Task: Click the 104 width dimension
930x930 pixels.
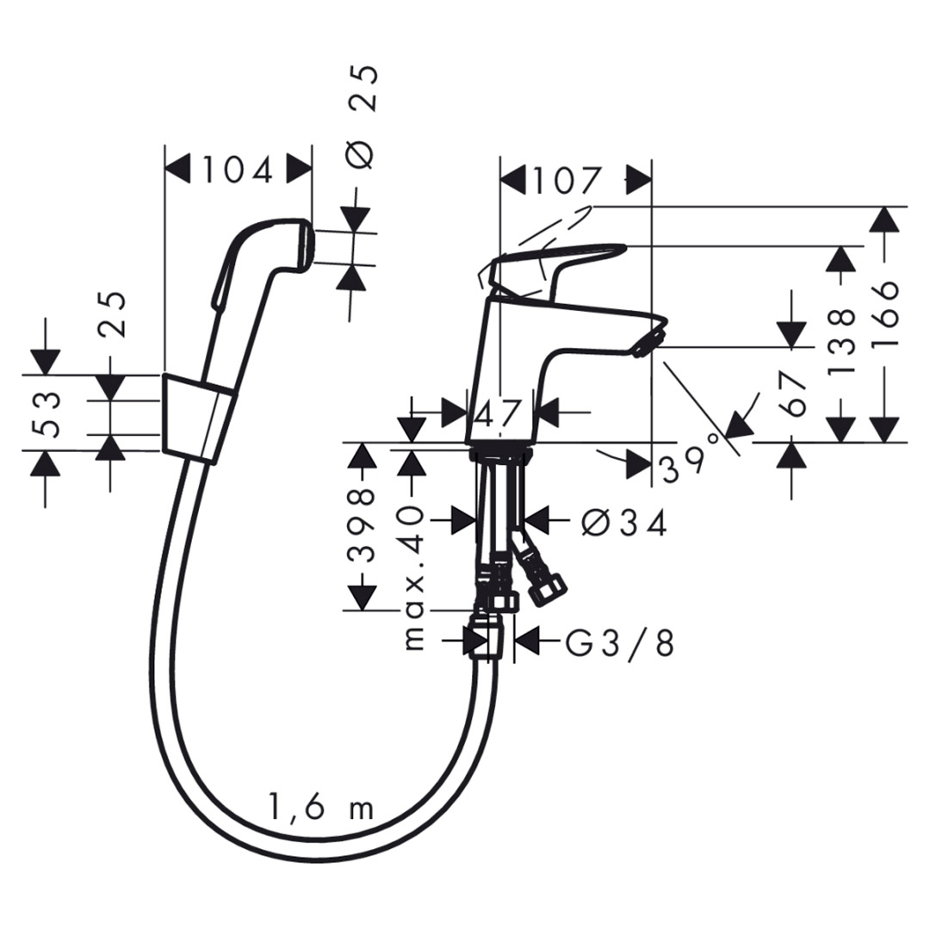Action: point(237,170)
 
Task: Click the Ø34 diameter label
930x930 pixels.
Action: point(624,522)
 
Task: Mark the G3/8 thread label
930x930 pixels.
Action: point(619,642)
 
